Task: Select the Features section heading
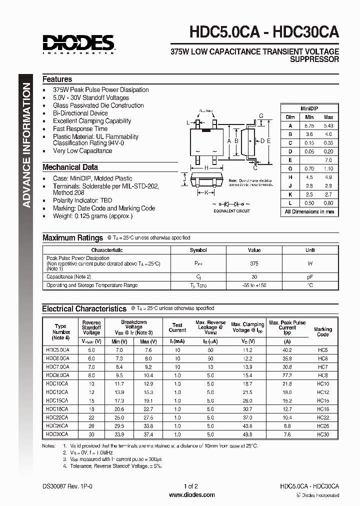[x=57, y=79]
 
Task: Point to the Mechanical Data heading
[x=70, y=167]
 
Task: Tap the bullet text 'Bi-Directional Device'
[x=80, y=113]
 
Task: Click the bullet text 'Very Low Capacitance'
[x=82, y=150]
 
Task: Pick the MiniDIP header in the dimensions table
[x=309, y=108]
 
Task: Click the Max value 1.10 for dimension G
[x=327, y=168]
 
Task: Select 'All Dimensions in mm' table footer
[x=309, y=211]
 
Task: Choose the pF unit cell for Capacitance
[x=310, y=276]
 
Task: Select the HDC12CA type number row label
[x=57, y=392]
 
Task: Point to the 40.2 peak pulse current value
[x=287, y=350]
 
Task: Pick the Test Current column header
[x=177, y=327]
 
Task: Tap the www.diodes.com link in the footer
[x=192, y=495]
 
